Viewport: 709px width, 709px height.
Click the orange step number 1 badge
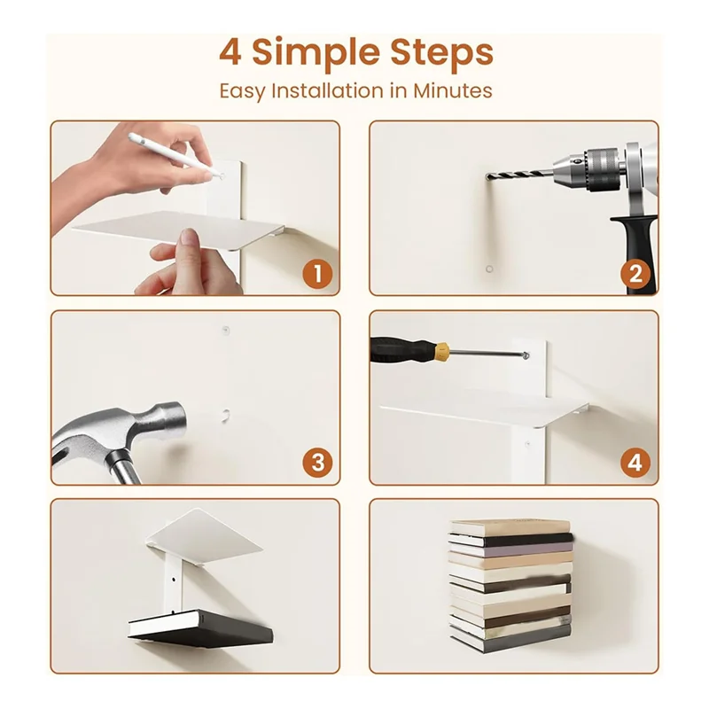[x=317, y=274]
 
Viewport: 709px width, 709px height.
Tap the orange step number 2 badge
[x=635, y=274]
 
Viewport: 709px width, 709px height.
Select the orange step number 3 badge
[x=318, y=463]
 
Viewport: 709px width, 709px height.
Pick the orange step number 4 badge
[x=635, y=463]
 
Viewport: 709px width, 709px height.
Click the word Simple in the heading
[x=316, y=54]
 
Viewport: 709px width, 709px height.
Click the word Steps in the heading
[x=441, y=53]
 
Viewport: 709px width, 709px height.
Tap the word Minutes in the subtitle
[x=453, y=90]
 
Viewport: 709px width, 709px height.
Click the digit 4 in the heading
[x=230, y=52]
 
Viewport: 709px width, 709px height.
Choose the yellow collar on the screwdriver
[x=440, y=350]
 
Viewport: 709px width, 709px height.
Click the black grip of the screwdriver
[x=401, y=349]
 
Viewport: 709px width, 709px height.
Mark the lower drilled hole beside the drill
[x=489, y=269]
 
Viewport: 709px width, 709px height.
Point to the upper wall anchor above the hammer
[x=226, y=331]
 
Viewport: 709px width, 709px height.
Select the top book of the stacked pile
[x=510, y=527]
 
